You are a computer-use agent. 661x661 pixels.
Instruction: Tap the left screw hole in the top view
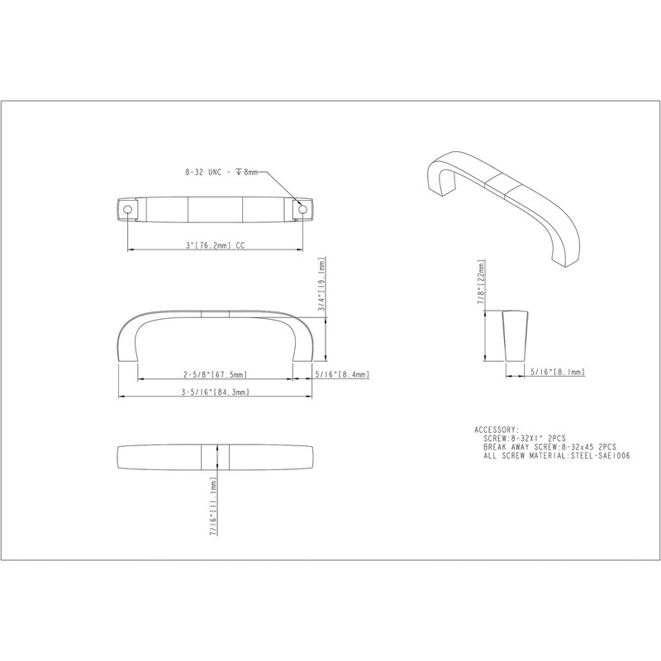click(x=127, y=210)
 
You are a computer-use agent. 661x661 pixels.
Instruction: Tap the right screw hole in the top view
click(x=303, y=210)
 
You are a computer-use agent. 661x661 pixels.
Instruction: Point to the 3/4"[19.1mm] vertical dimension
click(x=322, y=285)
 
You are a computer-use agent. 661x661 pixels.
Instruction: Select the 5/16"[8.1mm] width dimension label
click(x=555, y=373)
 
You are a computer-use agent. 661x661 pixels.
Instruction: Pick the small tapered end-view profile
click(x=513, y=335)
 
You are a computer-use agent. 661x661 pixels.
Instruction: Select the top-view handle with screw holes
click(x=215, y=210)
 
